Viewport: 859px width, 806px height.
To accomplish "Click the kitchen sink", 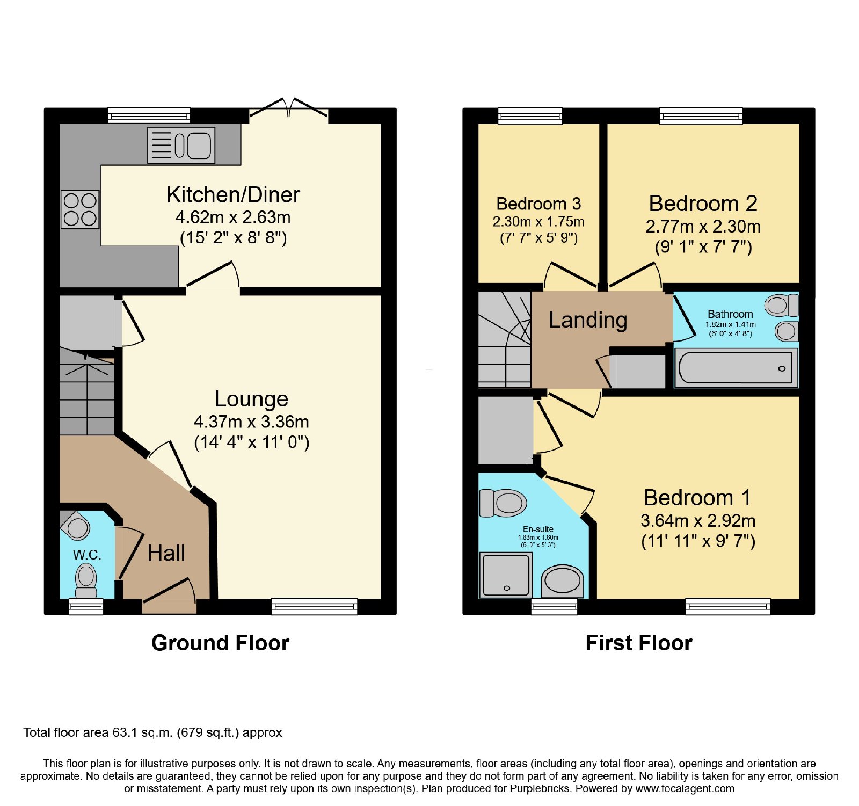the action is click(181, 145).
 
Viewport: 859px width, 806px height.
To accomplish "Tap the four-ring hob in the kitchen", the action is click(80, 209).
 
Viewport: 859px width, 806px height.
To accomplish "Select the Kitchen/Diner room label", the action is click(233, 195).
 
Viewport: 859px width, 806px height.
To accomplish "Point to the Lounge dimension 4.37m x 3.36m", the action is click(251, 422).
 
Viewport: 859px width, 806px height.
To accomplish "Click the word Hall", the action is click(166, 553).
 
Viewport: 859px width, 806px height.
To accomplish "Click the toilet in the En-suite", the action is click(503, 503).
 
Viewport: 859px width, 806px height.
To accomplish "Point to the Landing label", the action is click(588, 320).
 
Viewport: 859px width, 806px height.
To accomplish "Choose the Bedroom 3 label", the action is click(538, 204).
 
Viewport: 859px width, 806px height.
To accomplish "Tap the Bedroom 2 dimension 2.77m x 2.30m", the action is click(703, 227).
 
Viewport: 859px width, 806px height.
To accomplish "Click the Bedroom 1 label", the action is click(697, 498).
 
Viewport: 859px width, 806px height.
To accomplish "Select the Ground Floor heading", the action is click(220, 643).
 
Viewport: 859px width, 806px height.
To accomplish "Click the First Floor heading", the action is click(639, 643).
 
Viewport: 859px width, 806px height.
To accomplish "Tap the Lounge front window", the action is click(315, 607).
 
